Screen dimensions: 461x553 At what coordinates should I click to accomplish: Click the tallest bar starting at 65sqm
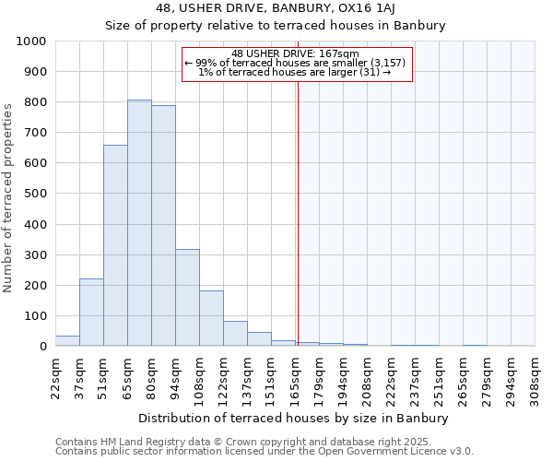pos(139,223)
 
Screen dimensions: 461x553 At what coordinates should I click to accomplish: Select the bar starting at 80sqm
pos(163,226)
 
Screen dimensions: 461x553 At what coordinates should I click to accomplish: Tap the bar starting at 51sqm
pos(115,245)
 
